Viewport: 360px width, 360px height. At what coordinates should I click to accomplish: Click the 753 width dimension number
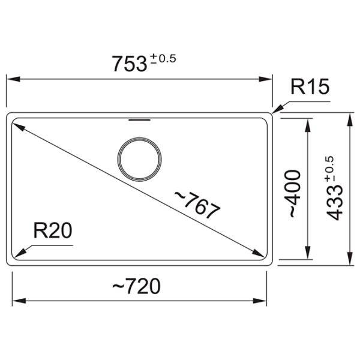click(129, 64)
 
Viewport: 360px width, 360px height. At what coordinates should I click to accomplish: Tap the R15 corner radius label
click(310, 86)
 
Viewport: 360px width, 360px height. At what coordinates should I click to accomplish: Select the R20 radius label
click(53, 230)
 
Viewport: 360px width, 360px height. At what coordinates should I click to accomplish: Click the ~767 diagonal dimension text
click(197, 205)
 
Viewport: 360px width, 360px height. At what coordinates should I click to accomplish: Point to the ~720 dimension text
click(136, 286)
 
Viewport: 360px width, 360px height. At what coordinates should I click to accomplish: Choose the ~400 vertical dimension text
click(292, 194)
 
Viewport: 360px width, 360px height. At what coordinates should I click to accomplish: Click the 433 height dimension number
click(334, 203)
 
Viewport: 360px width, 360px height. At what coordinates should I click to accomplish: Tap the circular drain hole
click(139, 160)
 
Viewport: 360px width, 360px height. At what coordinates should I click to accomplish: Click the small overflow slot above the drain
click(140, 119)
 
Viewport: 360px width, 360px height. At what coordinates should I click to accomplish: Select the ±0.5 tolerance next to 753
click(163, 59)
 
